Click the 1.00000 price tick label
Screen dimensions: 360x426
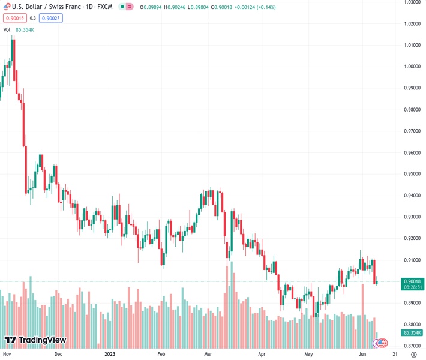click(411, 67)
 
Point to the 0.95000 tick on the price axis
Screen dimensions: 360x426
click(411, 174)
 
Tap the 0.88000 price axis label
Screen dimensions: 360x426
click(411, 325)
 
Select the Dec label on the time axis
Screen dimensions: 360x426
click(58, 354)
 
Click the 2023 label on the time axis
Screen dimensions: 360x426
click(109, 354)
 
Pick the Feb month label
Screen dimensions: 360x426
click(161, 354)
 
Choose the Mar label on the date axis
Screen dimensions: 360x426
click(208, 354)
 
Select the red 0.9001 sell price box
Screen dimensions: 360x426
click(14, 18)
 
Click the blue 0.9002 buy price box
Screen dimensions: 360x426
click(51, 18)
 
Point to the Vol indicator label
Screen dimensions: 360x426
click(7, 29)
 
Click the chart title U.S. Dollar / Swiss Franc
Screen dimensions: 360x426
click(42, 7)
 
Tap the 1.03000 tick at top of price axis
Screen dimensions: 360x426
click(411, 2)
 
